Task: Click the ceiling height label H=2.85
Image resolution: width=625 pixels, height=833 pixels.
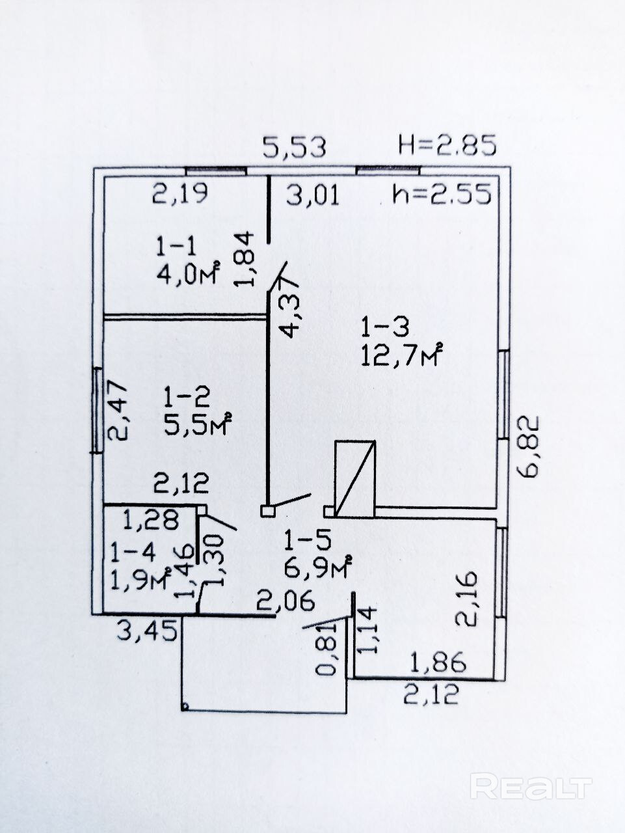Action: (447, 144)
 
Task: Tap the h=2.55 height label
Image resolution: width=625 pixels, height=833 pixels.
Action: (442, 194)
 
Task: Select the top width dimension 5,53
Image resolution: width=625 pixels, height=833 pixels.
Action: (294, 147)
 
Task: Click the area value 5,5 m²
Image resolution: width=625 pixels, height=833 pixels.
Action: (198, 425)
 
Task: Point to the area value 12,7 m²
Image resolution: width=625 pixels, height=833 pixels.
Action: (401, 355)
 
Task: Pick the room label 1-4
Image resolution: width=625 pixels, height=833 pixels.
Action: (133, 553)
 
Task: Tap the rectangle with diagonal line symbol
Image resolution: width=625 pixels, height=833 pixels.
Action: (355, 478)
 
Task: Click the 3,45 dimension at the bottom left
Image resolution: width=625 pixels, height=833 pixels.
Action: (147, 629)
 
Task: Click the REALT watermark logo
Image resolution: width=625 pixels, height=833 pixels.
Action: (531, 787)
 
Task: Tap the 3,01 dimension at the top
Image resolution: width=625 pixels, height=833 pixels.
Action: (313, 195)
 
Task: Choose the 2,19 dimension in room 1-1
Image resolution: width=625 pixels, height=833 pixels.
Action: (180, 193)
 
